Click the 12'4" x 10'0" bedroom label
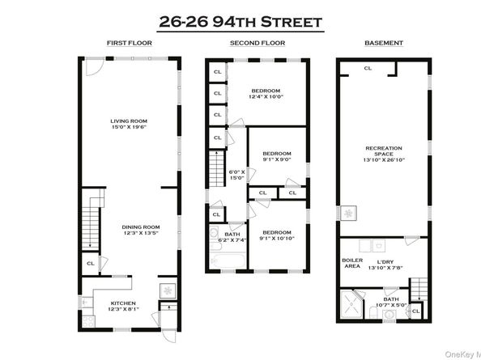click(265, 93)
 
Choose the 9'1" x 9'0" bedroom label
click(276, 155)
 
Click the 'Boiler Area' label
click(351, 263)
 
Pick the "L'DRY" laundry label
click(381, 264)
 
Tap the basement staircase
click(418, 286)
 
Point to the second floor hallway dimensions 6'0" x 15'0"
click(237, 175)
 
